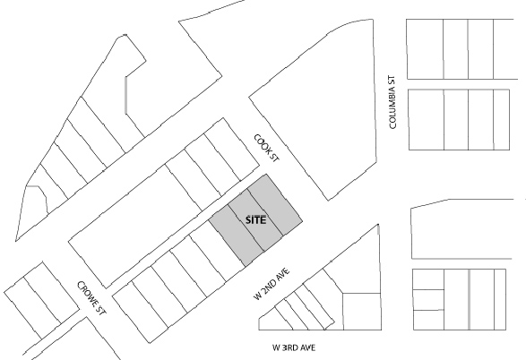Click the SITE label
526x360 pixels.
256,220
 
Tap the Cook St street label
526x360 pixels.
267,148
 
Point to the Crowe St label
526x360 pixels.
92,297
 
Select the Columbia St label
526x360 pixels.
392,102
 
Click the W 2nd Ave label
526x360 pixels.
272,284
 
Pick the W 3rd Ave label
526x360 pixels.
294,347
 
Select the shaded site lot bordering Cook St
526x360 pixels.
275,204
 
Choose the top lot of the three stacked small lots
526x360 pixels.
428,279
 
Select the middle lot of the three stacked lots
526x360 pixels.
428,300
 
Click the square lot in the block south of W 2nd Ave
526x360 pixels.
362,312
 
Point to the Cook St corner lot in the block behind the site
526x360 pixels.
232,150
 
